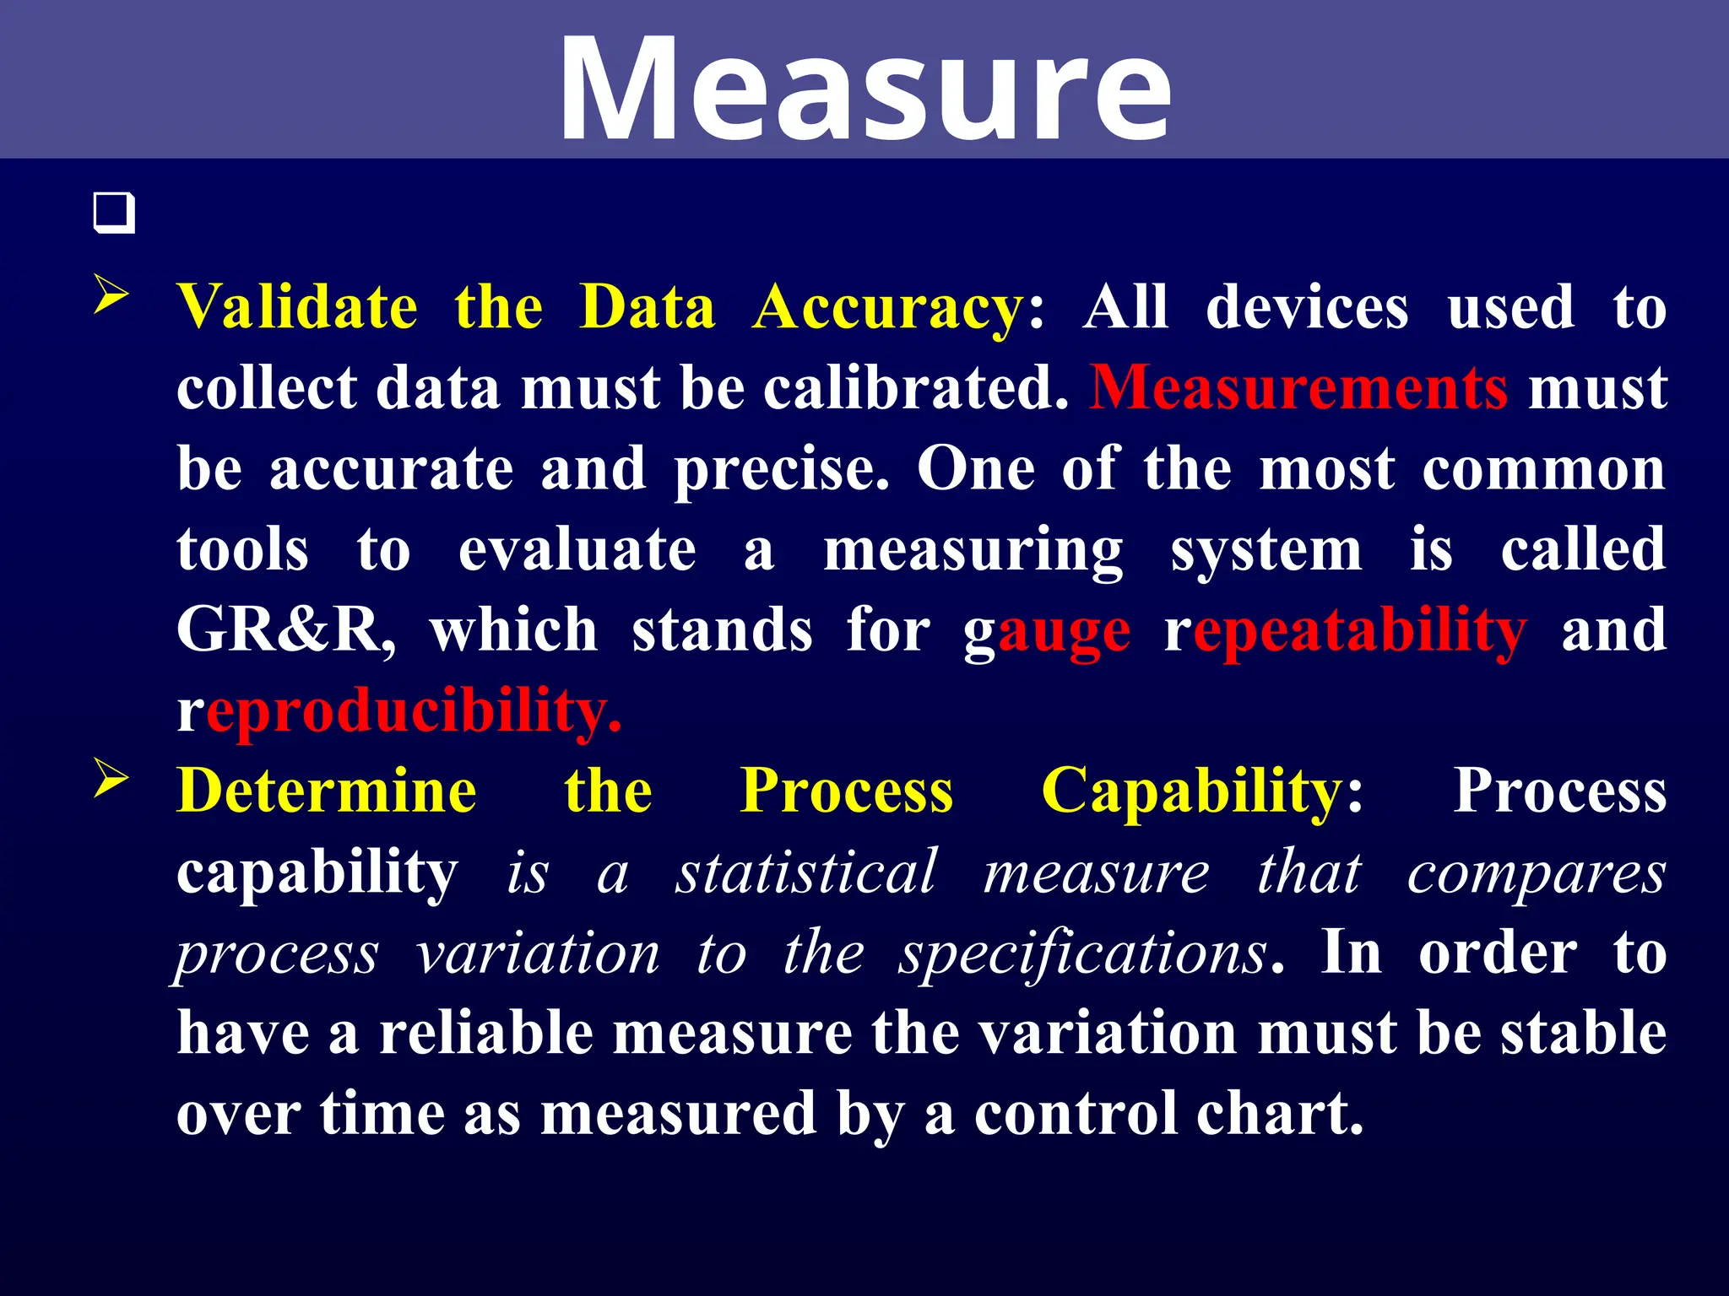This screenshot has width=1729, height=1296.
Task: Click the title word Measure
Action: (x=864, y=89)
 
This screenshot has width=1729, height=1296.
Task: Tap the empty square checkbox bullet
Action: (x=114, y=213)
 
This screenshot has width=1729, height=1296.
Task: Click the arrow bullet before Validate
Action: (x=111, y=295)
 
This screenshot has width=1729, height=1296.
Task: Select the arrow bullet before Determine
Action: (x=111, y=778)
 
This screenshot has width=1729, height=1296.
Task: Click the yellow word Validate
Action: (x=297, y=307)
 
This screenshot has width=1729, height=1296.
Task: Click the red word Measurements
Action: (x=1298, y=388)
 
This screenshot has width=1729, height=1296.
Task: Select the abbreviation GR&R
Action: (x=285, y=630)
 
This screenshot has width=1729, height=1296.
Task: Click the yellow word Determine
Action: (x=327, y=791)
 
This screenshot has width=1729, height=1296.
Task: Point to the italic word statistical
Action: (x=806, y=872)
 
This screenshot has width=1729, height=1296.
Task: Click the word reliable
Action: (x=485, y=1034)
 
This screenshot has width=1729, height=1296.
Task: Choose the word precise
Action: (x=781, y=470)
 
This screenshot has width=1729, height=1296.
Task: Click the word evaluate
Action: (x=577, y=550)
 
